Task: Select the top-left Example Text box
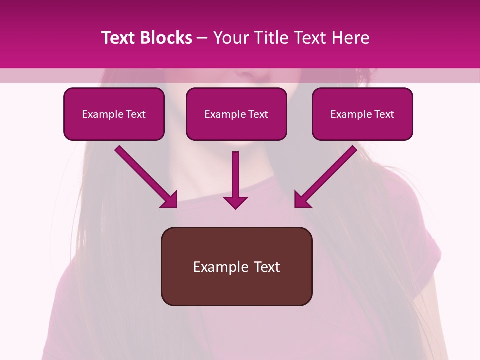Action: [114, 114]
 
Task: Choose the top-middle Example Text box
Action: [236, 114]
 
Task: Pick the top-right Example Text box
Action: [362, 114]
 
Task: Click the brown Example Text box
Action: [236, 266]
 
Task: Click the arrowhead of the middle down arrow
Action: [235, 201]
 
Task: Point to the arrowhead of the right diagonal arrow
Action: [301, 200]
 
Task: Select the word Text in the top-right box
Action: [384, 114]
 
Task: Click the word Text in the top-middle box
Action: [258, 114]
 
